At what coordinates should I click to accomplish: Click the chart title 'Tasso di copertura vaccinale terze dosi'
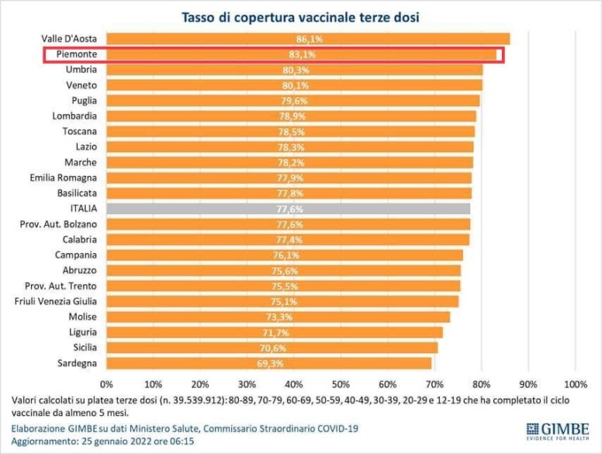[x=300, y=17]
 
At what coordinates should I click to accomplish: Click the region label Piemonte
[x=76, y=55]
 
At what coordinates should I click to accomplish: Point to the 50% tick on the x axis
[x=340, y=384]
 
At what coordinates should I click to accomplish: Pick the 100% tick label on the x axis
[x=575, y=384]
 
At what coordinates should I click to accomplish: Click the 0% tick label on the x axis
[x=107, y=384]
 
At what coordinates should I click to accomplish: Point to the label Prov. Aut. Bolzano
[x=58, y=224]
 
